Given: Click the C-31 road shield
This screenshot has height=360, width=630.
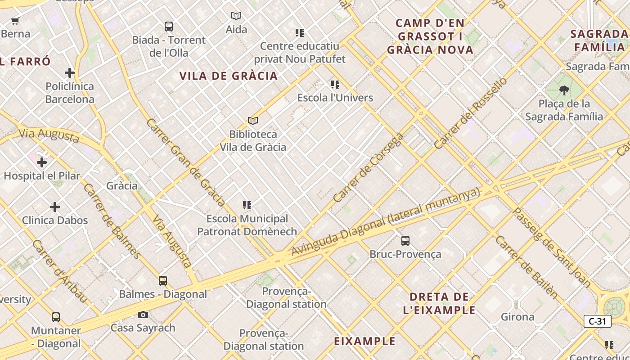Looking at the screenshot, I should point(597,321).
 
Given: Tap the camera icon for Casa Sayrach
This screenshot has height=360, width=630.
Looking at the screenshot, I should point(143,315).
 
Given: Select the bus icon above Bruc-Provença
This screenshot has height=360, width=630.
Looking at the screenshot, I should point(405,241).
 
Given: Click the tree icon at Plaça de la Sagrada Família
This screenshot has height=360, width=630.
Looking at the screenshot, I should point(564,90).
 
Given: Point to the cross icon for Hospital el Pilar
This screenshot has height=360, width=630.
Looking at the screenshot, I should point(42,162).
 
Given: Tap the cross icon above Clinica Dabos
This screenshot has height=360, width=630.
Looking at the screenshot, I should point(55,207).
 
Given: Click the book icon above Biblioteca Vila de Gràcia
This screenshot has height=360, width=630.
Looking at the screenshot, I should point(253,121).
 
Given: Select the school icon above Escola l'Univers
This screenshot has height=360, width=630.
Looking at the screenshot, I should point(335,85).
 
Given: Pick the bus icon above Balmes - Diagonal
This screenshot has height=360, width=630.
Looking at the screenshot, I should point(163,281).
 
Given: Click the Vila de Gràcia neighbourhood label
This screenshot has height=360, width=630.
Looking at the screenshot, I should point(229,76).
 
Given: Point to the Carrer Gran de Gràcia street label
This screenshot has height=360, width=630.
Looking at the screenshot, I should point(185,162).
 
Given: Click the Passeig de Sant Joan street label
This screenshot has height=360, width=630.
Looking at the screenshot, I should point(551,247).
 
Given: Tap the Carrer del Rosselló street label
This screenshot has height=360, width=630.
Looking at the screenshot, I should point(471,113).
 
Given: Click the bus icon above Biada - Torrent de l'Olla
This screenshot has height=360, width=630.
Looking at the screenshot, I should point(169,27).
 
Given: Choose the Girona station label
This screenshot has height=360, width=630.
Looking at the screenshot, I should point(517,317).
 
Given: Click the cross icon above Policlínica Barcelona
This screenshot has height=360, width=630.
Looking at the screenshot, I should point(70,73).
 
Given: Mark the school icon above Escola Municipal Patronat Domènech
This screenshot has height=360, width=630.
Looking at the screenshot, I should point(247,206).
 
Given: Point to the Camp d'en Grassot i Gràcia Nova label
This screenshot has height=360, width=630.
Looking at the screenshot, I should point(430,36).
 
